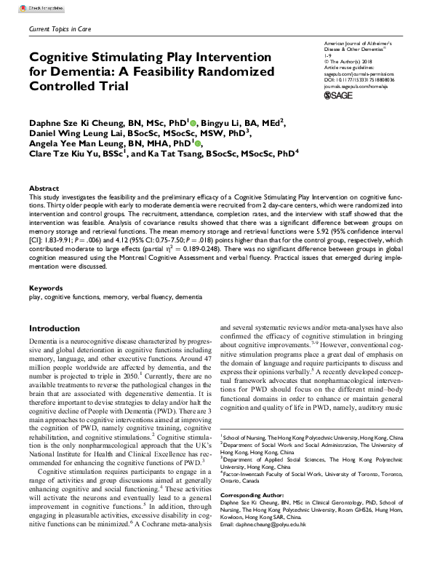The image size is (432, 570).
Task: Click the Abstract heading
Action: coord(41,188)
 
